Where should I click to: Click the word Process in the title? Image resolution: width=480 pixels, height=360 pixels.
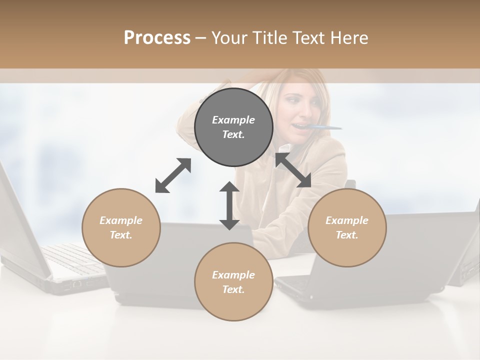click(157, 38)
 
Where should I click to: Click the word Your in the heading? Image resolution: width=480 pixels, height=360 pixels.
click(228, 38)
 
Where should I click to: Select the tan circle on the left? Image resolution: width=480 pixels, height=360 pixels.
click(121, 250)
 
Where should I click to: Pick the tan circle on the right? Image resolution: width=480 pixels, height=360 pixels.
click(347, 250)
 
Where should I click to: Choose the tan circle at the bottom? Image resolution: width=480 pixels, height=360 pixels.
click(233, 305)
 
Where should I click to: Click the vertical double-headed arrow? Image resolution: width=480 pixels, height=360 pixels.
click(229, 205)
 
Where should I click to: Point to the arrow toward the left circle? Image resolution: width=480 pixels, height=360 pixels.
click(173, 175)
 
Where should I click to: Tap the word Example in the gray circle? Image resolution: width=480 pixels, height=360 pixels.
click(233, 120)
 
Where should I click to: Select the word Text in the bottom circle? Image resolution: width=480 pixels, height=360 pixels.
click(233, 289)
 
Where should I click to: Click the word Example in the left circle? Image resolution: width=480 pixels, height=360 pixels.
click(121, 220)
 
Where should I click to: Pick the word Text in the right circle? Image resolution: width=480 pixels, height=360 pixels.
click(347, 235)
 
